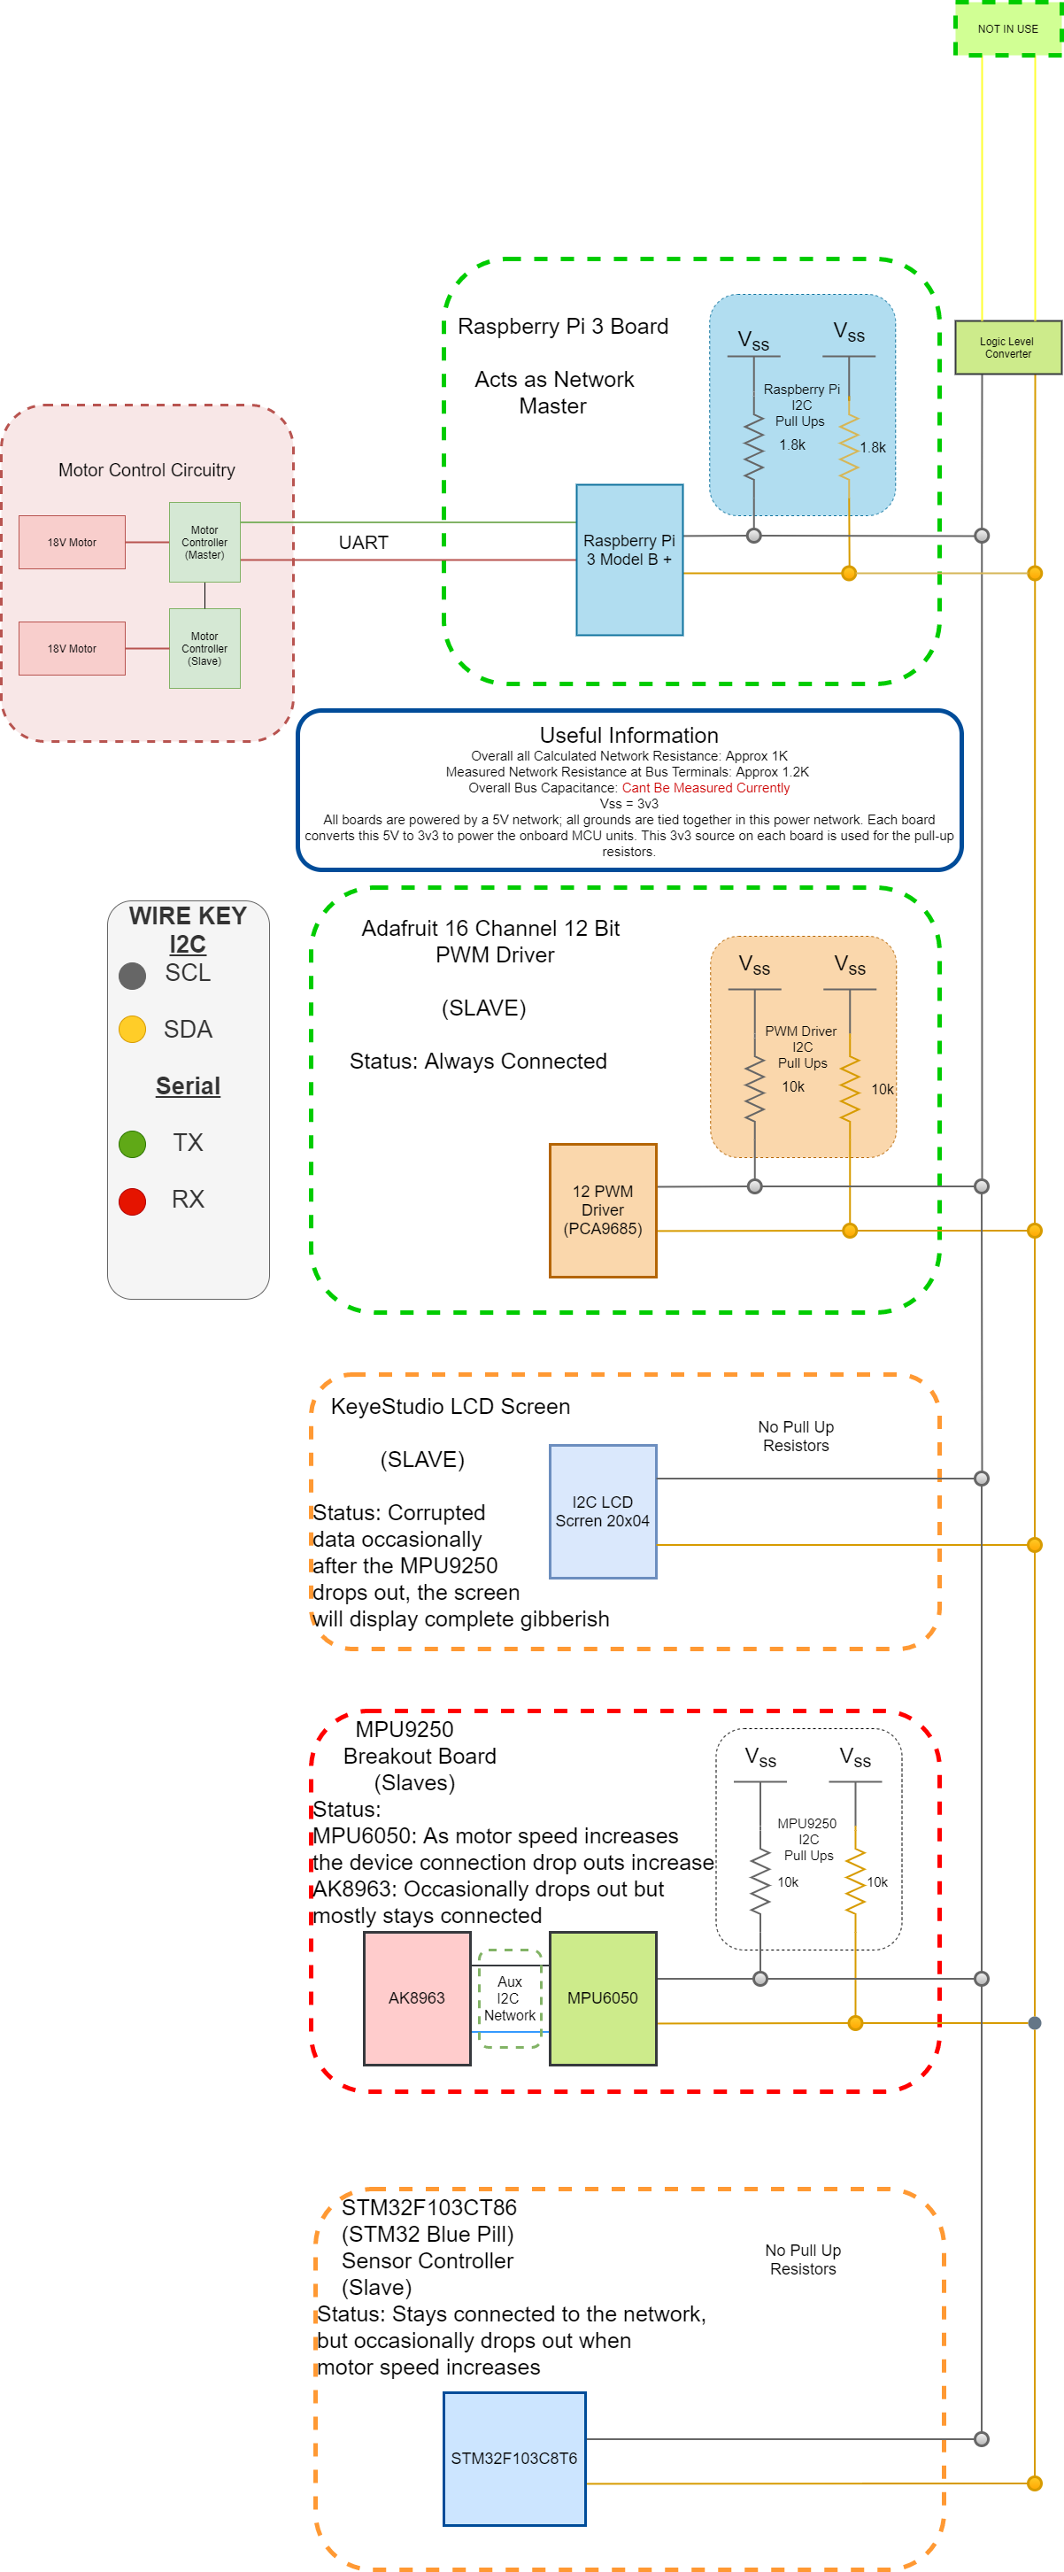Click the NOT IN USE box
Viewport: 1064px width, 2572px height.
[x=1007, y=29]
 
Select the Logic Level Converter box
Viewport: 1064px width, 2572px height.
[x=1007, y=347]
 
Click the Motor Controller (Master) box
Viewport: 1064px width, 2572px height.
[x=204, y=542]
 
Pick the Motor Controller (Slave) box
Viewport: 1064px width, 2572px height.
[x=204, y=648]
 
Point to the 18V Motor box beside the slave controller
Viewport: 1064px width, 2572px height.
[x=72, y=648]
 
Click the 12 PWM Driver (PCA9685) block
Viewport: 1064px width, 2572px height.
[x=603, y=1210]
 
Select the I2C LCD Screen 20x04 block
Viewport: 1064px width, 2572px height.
[x=603, y=1510]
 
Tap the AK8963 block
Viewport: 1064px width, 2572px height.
[x=416, y=1998]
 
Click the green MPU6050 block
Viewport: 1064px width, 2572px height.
[x=603, y=1998]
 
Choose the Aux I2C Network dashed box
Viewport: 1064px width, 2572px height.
[x=510, y=1998]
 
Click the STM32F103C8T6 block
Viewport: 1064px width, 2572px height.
[x=514, y=2458]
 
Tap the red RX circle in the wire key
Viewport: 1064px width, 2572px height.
[x=133, y=1201]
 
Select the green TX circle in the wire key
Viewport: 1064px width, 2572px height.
[x=133, y=1143]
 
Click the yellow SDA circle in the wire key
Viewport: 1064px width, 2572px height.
[x=133, y=1030]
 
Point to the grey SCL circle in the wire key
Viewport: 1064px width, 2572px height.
[x=133, y=976]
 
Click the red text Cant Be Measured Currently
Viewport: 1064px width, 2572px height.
[x=705, y=788]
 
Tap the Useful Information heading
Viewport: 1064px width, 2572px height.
[x=628, y=735]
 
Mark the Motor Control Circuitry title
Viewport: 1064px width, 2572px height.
[x=147, y=470]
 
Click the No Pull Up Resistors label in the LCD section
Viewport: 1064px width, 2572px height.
[x=796, y=1436]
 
